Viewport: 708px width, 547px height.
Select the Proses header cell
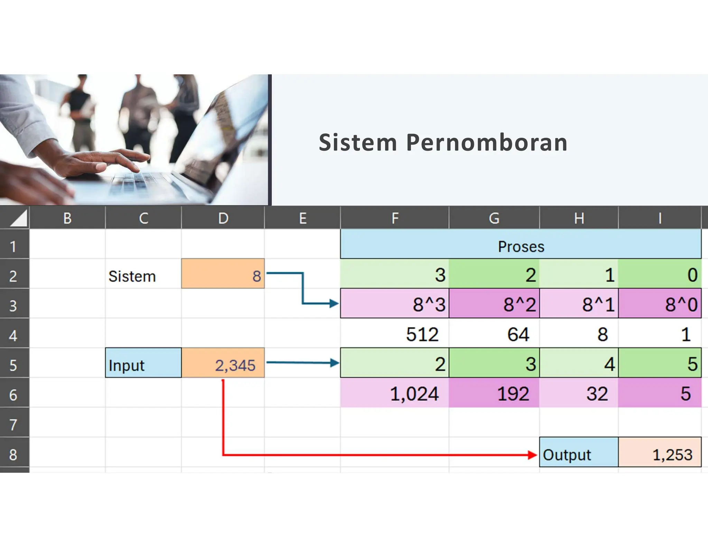coord(521,247)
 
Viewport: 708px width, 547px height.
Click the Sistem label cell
coord(143,276)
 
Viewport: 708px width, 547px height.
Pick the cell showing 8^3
coord(394,305)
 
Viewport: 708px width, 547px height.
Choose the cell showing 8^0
coord(660,305)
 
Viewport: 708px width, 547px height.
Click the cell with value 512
coord(394,334)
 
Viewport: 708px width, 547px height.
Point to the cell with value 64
coord(494,334)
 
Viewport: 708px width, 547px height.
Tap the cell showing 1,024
coord(394,393)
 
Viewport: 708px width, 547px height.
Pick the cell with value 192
coord(494,393)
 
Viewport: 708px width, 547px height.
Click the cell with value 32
coord(579,393)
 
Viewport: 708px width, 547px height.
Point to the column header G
coord(494,218)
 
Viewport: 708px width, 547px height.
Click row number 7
coord(13,424)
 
